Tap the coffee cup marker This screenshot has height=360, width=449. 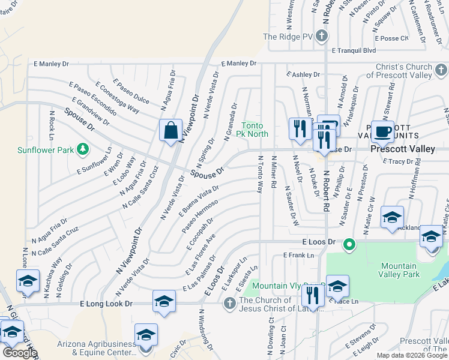pyautogui.click(x=382, y=131)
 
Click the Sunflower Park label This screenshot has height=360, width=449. pyautogui.click(x=45, y=150)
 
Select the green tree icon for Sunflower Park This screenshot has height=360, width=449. pyautogui.click(x=83, y=149)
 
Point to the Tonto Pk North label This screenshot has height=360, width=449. pyautogui.click(x=255, y=129)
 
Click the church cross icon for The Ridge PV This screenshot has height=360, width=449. pyautogui.click(x=321, y=37)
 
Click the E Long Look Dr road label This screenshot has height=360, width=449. pyautogui.click(x=106, y=304)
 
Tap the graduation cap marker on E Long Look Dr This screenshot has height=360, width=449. pyautogui.click(x=163, y=302)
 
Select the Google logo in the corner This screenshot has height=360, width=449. pyautogui.click(x=19, y=353)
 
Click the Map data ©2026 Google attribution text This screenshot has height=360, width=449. pyautogui.click(x=411, y=355)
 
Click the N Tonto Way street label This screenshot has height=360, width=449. pyautogui.click(x=261, y=174)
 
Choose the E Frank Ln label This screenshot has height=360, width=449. pyautogui.click(x=298, y=255)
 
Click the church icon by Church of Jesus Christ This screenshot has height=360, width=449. pyautogui.click(x=229, y=304)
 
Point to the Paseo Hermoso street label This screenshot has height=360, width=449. pyautogui.click(x=200, y=217)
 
